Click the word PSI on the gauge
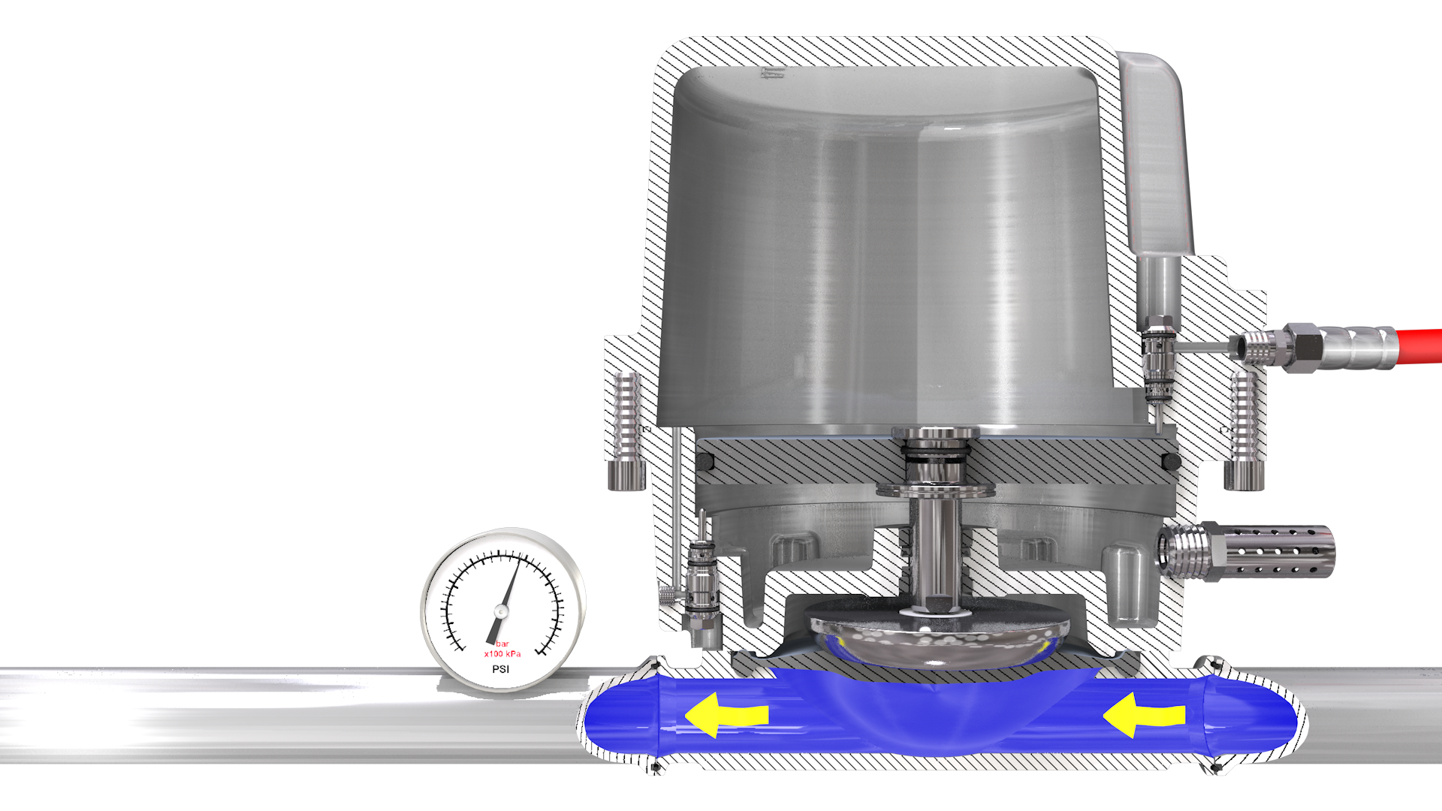tap(500, 669)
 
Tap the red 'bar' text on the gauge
tap(502, 644)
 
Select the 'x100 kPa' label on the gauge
tap(502, 654)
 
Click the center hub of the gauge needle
tap(501, 611)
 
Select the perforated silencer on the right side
tap(1277, 552)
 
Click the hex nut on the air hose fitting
tap(1304, 346)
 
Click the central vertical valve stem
tap(935, 548)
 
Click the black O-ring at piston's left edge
tap(704, 461)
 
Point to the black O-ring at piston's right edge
tap(1171, 461)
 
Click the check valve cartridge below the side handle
tap(1157, 360)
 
